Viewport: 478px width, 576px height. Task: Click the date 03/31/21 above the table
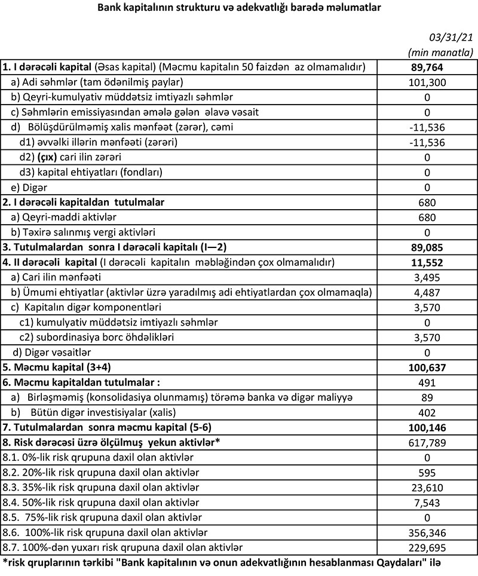tap(451, 38)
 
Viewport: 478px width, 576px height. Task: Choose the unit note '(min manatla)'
tap(440, 52)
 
